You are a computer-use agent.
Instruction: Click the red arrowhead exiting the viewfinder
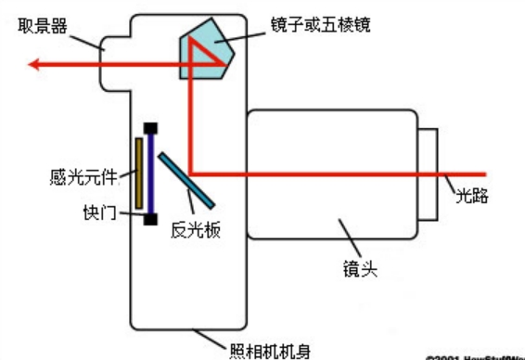tap(35, 64)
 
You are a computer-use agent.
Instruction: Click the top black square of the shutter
tap(149, 128)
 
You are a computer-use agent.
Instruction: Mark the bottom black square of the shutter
tap(149, 218)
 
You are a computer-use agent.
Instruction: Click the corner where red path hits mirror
tap(190, 172)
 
